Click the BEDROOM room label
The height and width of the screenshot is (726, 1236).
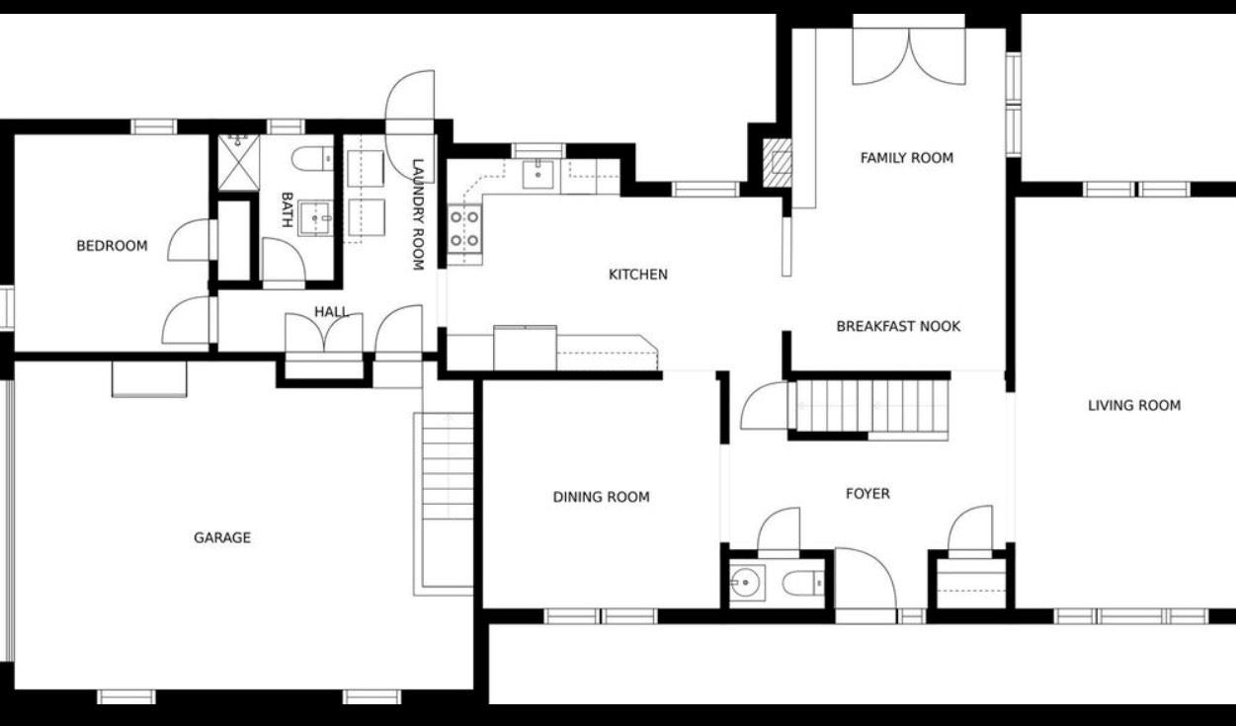[x=112, y=246]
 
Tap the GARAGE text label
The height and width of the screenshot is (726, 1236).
[x=221, y=537]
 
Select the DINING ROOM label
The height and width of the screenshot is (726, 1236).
[x=601, y=497]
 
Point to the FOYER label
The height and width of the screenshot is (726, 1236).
[x=867, y=493]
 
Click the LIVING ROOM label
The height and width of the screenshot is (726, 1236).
[x=1133, y=405]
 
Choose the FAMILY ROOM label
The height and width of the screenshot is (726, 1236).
[x=906, y=157]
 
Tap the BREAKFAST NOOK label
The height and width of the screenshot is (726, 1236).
[x=897, y=326]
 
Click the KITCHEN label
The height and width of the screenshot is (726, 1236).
[x=637, y=275]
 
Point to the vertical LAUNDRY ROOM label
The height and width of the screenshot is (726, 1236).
[x=418, y=214]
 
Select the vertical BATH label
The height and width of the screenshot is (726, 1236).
[x=287, y=209]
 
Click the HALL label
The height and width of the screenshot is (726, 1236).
[x=331, y=312]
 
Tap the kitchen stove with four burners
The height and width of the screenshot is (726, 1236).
[x=464, y=227]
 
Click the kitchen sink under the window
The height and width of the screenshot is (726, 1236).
[x=537, y=175]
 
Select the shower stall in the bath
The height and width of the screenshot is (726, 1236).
[x=237, y=162]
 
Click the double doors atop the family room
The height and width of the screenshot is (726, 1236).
[x=909, y=55]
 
